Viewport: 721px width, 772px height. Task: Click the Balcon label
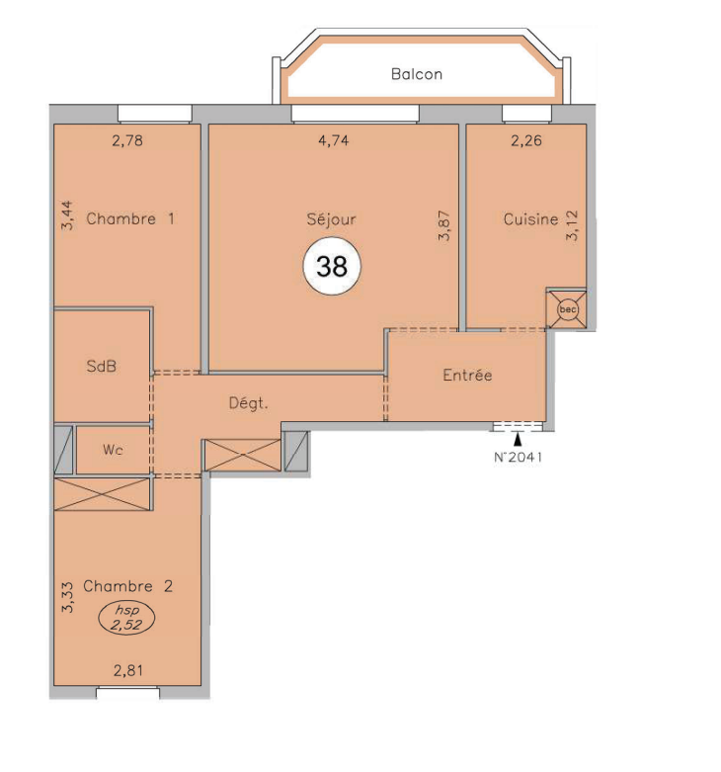pos(417,74)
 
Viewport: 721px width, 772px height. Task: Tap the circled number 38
pos(332,266)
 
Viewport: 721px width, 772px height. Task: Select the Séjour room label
pos(331,219)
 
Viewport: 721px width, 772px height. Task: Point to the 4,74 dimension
pos(334,140)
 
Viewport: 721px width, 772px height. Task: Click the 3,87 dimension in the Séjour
pos(443,225)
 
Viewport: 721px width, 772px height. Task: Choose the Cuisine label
pos(530,218)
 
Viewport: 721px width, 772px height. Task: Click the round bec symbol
pos(568,309)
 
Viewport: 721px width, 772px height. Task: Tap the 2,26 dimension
pos(526,140)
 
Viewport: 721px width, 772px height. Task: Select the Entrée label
pos(467,376)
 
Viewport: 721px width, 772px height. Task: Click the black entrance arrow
pos(518,439)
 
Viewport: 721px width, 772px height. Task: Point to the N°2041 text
pos(518,457)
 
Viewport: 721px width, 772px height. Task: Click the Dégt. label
pos(248,403)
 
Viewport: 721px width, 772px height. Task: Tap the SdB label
pos(102,366)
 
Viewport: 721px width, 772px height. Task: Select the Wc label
pos(113,450)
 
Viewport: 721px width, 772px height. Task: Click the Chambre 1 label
pos(130,218)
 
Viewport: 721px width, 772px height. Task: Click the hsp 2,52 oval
pos(126,619)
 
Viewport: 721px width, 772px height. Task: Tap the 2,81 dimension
pos(128,670)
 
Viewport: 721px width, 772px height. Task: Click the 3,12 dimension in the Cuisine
pos(572,225)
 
